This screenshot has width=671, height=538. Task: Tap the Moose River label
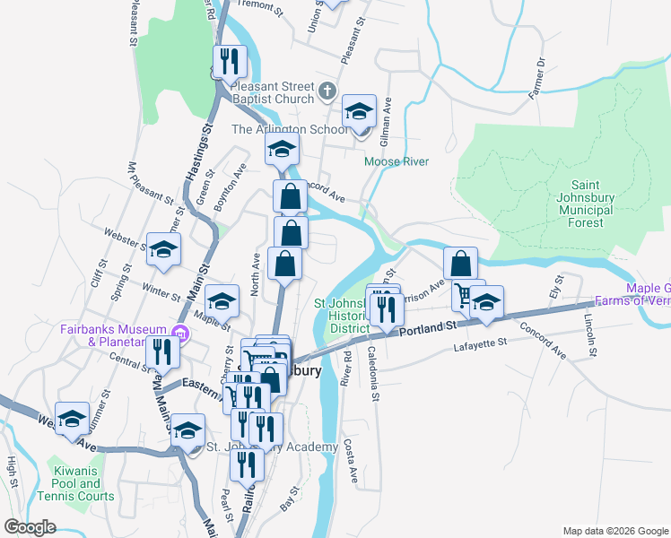point(396,161)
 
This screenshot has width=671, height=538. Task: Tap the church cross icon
point(327,91)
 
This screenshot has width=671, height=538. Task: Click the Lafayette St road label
point(481,343)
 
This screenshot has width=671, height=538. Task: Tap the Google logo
point(30,527)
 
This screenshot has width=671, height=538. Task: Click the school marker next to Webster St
point(164,249)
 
